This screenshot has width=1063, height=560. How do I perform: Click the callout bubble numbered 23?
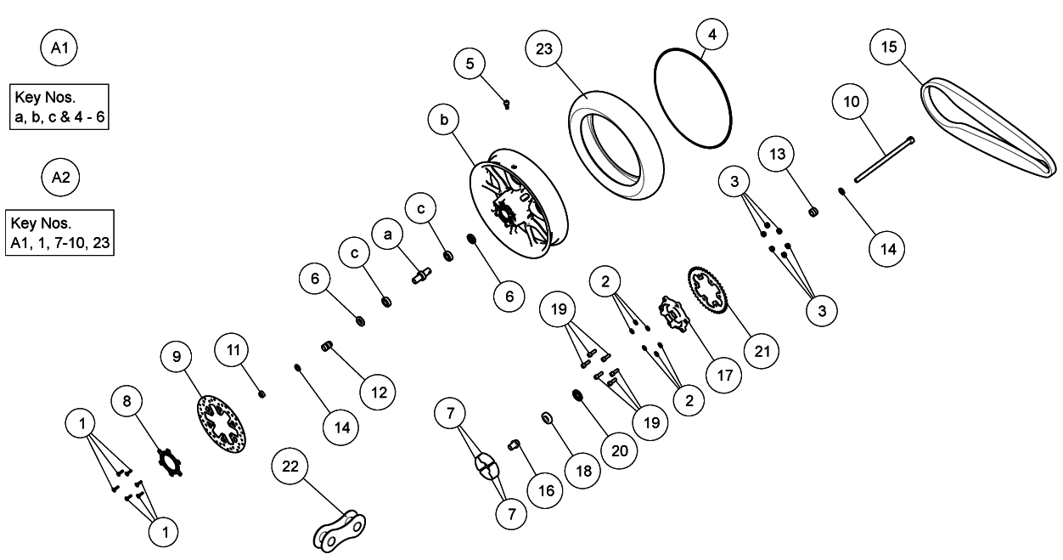tap(544, 48)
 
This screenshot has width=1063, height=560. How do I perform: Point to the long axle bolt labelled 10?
tap(884, 160)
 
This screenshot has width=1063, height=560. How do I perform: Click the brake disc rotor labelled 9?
tap(221, 424)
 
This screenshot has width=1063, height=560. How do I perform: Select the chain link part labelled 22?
tap(340, 531)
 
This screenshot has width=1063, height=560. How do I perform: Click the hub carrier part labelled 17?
tap(674, 314)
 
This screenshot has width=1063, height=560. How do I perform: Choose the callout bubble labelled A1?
tap(59, 47)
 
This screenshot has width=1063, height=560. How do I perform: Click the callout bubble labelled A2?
tap(60, 177)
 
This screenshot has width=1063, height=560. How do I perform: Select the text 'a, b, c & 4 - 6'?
tap(59, 116)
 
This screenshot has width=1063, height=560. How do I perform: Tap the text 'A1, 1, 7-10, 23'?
tap(60, 243)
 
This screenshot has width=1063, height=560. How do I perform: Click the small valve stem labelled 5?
tap(506, 104)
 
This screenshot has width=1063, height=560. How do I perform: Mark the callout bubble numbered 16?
tap(546, 490)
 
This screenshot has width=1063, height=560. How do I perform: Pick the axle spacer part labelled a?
tap(421, 275)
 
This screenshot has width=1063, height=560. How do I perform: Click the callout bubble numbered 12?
tap(378, 392)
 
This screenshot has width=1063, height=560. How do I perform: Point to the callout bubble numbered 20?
tap(619, 450)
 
